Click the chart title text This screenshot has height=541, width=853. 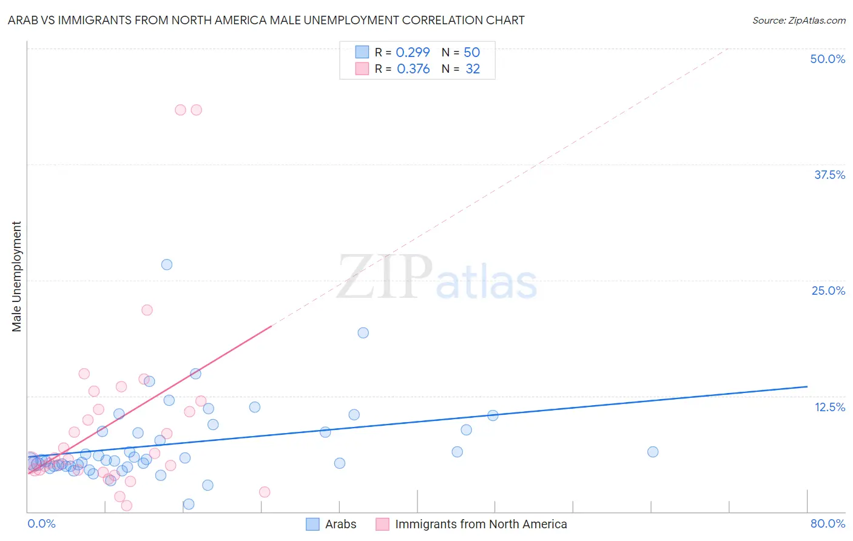[x=266, y=20]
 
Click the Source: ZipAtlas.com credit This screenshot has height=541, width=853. [x=798, y=20]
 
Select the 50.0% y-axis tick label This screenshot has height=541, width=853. [x=828, y=59]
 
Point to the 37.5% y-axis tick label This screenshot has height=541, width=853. [x=829, y=175]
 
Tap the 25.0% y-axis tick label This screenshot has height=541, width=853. [x=828, y=291]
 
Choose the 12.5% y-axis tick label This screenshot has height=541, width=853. [x=829, y=407]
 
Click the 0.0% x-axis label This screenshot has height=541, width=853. [x=41, y=523]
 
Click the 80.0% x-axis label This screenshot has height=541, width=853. [x=828, y=523]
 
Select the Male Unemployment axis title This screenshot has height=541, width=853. [x=16, y=277]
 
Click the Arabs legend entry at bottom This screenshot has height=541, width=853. [x=340, y=524]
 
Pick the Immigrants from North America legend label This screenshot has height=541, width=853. [x=480, y=524]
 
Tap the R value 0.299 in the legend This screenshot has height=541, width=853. [x=413, y=53]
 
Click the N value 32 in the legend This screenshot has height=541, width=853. [x=473, y=69]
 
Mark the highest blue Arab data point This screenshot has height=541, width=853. [x=167, y=264]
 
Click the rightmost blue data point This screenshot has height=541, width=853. [x=653, y=452]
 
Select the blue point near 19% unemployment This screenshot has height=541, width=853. [x=363, y=332]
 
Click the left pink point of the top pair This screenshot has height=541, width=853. [x=180, y=110]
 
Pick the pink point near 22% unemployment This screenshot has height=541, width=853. [x=147, y=310]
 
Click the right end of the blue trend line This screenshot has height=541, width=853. [x=807, y=386]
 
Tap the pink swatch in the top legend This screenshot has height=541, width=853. [x=362, y=69]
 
